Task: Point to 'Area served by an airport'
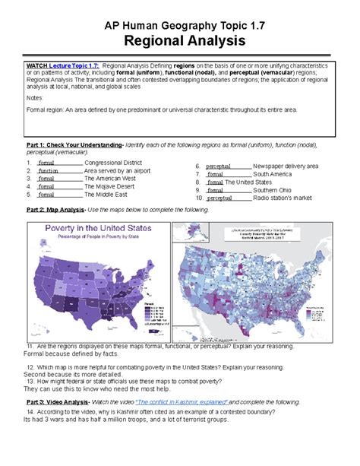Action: [118, 171]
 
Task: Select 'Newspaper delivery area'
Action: [286, 166]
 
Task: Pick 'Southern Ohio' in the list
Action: [273, 190]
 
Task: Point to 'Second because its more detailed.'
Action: [72, 373]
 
